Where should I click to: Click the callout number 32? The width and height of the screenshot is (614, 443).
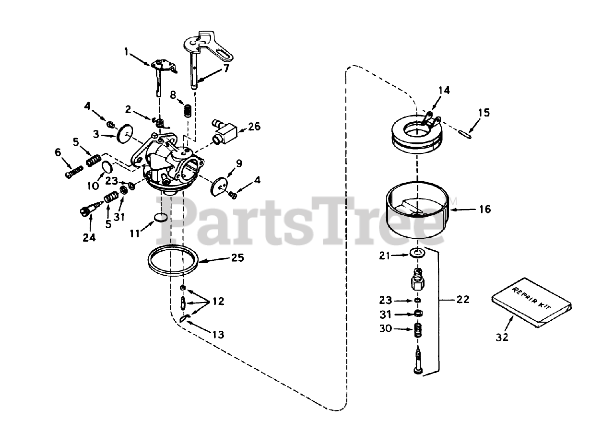(502, 337)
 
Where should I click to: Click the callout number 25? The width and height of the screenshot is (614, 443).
(237, 258)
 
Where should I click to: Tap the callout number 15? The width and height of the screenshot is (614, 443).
(484, 113)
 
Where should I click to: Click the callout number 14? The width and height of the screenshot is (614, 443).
(444, 90)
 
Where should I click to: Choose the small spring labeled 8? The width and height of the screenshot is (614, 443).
(189, 110)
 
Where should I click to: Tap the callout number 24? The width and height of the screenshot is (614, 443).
(89, 237)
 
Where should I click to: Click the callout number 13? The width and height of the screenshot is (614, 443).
(218, 335)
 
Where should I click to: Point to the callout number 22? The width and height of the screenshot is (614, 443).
(463, 300)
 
